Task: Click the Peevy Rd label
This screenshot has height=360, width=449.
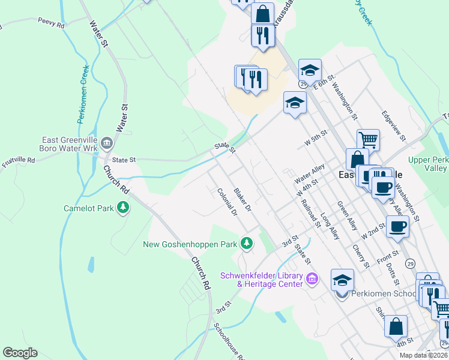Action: click(50, 23)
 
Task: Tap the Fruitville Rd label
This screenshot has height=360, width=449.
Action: click(19, 161)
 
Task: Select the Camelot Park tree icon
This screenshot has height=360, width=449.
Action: click(124, 208)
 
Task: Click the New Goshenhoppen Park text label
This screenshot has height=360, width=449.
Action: click(190, 244)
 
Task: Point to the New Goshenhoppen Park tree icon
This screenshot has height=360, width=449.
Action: click(246, 243)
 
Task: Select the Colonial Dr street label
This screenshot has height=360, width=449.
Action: click(228, 201)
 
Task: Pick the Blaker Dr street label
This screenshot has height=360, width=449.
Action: click(243, 199)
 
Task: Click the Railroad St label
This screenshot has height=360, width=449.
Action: click(311, 214)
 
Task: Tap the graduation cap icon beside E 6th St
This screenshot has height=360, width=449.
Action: click(310, 70)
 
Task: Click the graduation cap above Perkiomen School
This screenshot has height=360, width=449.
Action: click(342, 280)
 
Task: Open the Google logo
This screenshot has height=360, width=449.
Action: click(20, 353)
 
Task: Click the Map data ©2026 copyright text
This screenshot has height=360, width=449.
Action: click(424, 355)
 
